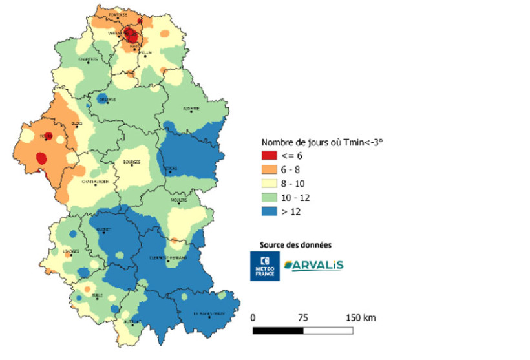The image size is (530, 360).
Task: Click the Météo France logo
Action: point(264,266)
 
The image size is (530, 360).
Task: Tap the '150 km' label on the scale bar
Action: point(361,317)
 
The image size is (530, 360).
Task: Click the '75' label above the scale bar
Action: point(302,317)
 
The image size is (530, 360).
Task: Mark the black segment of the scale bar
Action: point(278,330)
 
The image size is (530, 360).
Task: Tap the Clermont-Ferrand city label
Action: point(167,258)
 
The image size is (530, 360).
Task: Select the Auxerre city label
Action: point(192,109)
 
